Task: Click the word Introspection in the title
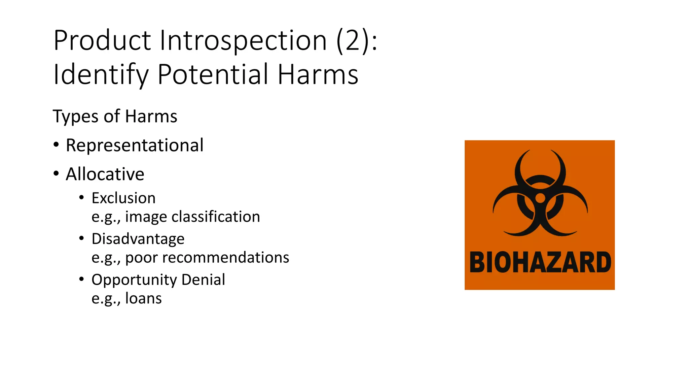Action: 243,40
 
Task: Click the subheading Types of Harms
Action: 115,117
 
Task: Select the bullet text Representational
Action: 135,145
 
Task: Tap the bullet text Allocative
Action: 105,174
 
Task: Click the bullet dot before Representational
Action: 56,145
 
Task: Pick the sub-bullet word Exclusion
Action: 123,198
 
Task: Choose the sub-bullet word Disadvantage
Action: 138,239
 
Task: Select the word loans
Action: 143,298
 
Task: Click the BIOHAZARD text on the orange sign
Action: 540,262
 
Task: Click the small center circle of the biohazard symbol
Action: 540,198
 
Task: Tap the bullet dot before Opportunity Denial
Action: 81,279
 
